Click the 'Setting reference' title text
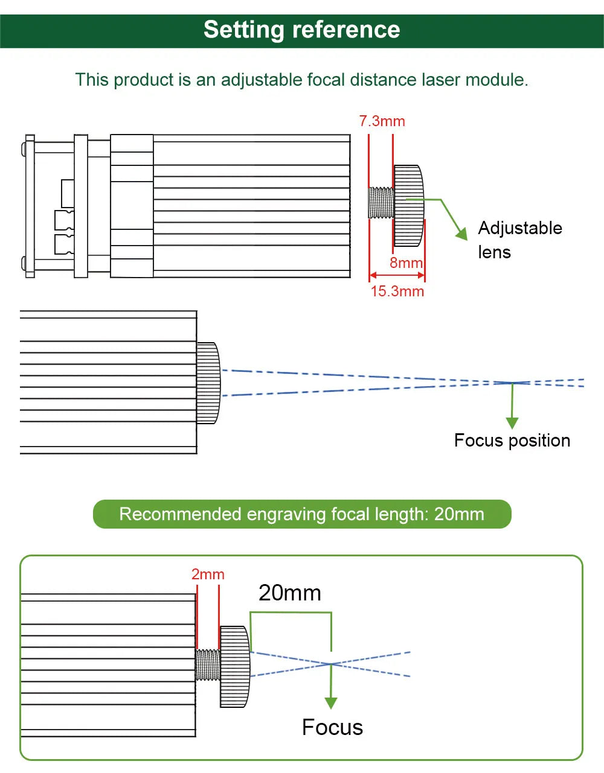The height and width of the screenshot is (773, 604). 301,30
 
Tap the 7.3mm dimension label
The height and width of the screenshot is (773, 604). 382,121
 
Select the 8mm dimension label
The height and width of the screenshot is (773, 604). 406,263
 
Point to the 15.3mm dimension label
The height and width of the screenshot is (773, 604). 397,291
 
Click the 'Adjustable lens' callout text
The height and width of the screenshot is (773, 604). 519,240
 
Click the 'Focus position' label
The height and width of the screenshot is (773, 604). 512,441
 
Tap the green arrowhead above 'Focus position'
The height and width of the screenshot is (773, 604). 512,422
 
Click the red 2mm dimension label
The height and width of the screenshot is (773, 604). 208,574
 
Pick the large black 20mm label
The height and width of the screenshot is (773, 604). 289,593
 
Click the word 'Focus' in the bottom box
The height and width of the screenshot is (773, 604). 332,728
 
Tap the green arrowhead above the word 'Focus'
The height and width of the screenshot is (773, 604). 331,702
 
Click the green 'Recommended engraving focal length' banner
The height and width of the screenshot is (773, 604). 301,514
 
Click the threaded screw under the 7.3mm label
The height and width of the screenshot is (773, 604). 381,203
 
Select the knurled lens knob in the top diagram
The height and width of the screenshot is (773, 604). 408,206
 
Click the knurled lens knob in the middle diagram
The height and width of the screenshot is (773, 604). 208,383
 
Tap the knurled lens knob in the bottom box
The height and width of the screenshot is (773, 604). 234,666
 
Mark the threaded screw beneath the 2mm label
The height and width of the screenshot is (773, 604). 208,665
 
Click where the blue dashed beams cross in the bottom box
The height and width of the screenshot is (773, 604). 331,664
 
